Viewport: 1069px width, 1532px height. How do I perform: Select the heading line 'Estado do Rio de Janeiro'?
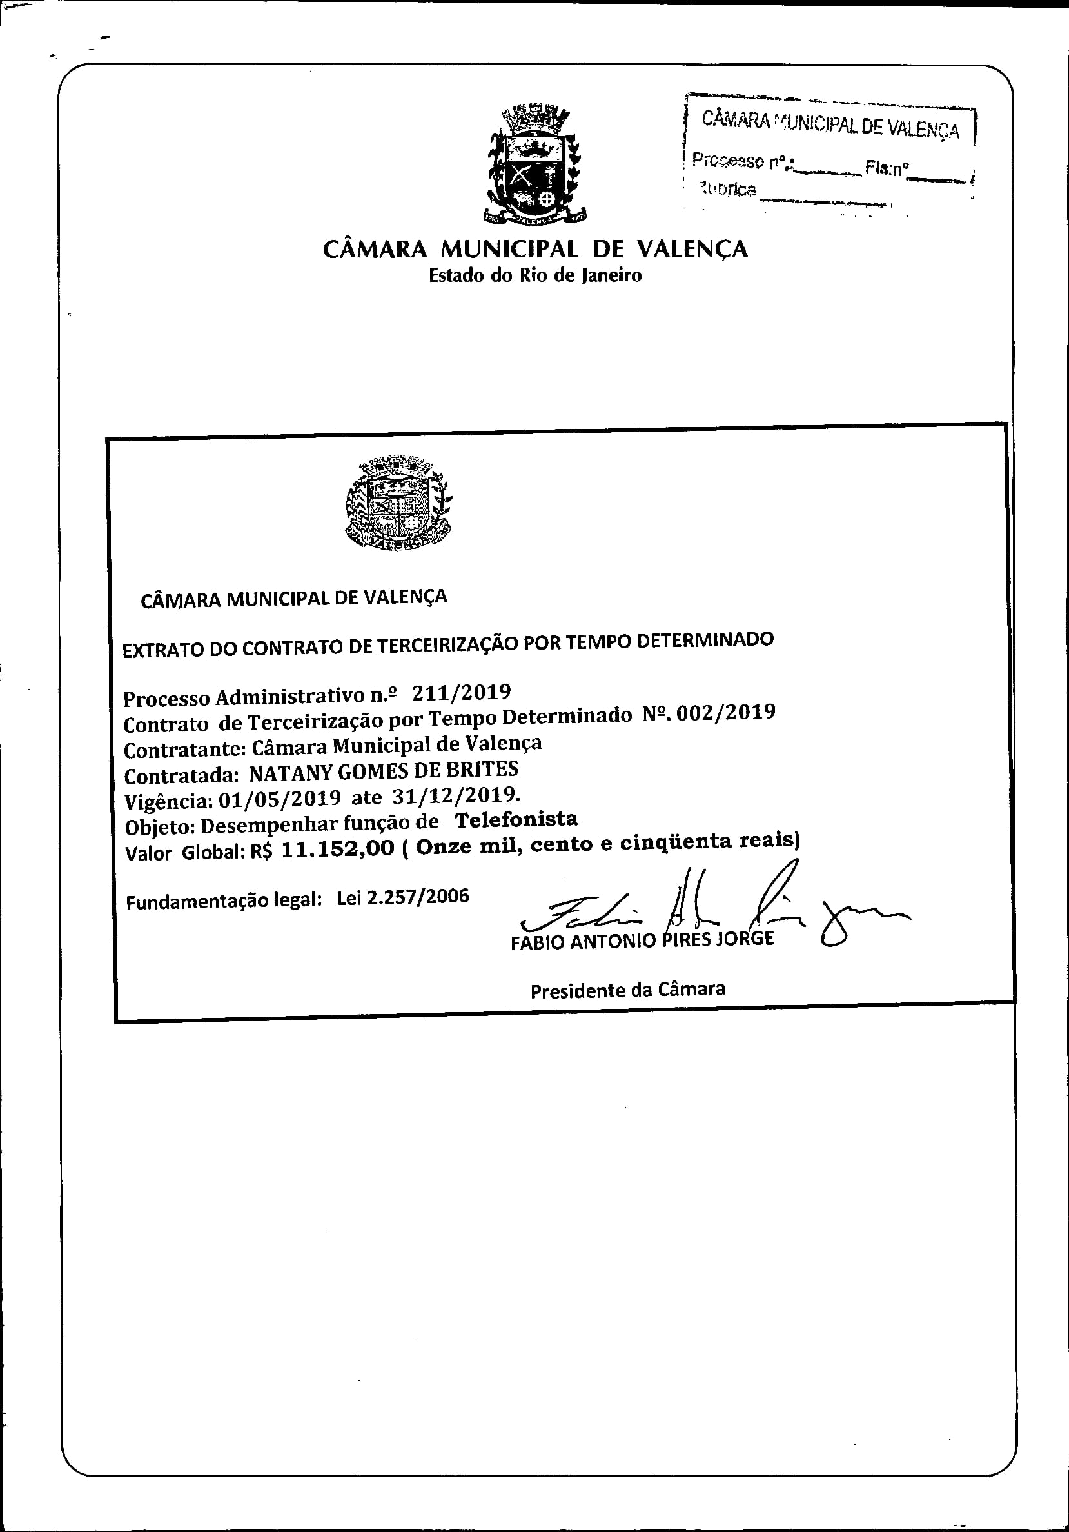(x=535, y=275)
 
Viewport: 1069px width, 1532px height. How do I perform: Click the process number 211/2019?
(x=462, y=693)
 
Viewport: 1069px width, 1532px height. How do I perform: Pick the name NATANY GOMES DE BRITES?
(x=384, y=771)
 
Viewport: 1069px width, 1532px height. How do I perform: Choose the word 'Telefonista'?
(x=516, y=819)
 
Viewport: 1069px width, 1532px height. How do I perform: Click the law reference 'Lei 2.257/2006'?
(x=403, y=897)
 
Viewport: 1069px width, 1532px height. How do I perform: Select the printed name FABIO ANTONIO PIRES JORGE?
(x=642, y=939)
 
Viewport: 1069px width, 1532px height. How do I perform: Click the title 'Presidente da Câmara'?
(x=627, y=990)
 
